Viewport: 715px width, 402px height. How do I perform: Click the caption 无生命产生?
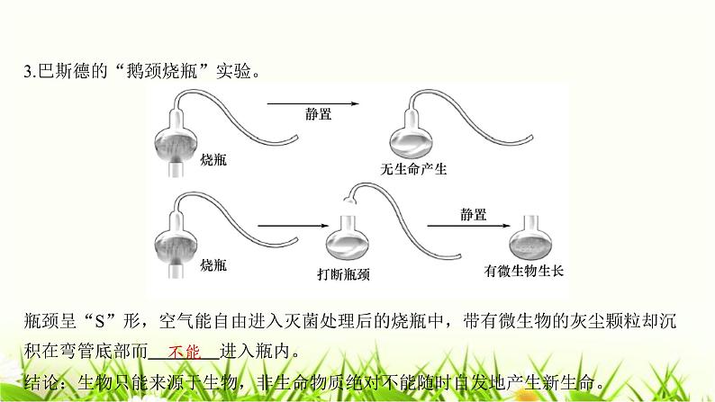click(x=414, y=168)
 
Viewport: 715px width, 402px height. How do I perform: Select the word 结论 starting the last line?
click(x=41, y=380)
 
